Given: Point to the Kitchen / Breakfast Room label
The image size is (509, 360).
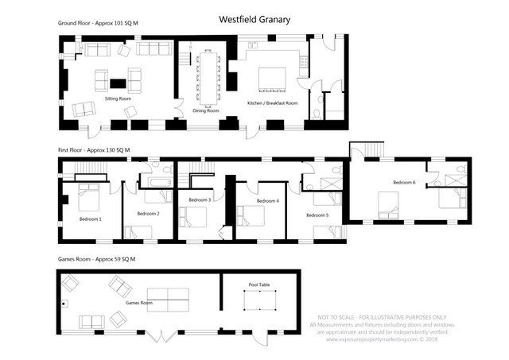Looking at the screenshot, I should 272,103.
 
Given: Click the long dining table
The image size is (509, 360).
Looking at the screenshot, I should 209,75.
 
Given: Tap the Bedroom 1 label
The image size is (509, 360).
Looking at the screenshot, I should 91,219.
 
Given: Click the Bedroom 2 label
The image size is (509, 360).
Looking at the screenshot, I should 148,214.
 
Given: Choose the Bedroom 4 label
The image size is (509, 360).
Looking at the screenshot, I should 268,202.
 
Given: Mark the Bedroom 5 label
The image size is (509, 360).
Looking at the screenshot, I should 317,215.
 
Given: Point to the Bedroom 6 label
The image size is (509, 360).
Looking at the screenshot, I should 403,183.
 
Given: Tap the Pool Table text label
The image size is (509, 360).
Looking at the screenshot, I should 258,284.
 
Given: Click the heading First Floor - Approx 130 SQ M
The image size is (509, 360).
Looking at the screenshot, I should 94,149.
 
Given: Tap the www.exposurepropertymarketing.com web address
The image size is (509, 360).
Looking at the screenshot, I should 382,337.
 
